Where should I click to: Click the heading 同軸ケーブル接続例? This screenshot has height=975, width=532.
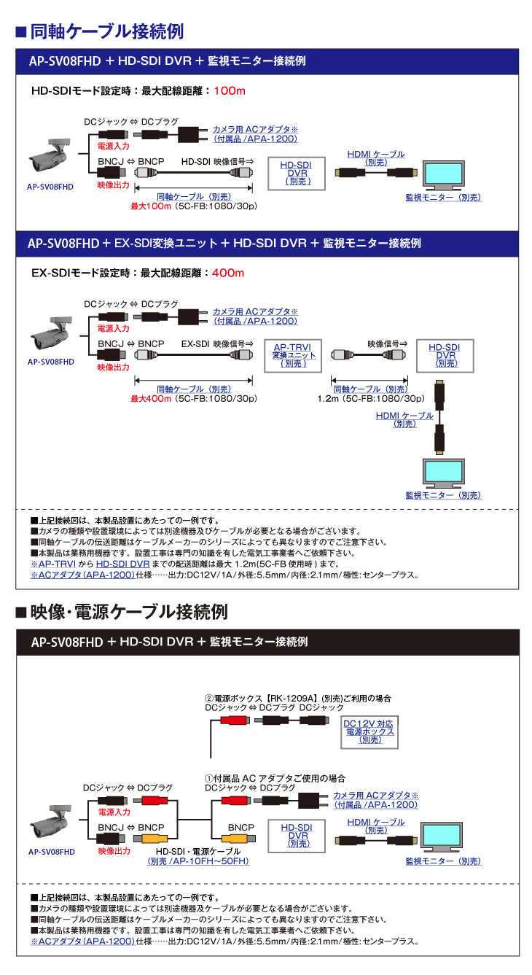106,32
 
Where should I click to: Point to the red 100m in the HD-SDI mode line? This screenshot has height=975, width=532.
230,91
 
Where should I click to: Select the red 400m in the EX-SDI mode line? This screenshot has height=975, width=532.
228,273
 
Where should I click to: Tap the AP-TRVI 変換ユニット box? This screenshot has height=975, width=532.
294,355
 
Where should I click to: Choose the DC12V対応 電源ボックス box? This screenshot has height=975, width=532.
369,731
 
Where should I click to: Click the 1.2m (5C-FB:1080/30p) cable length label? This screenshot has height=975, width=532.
371,399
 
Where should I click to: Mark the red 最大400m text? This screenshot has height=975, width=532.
151,399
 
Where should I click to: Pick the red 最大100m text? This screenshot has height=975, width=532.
151,206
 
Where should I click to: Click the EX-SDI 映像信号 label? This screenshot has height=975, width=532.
216,344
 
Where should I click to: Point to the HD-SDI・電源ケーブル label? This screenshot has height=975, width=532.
197,851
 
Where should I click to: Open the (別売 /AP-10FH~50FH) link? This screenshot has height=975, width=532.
197,861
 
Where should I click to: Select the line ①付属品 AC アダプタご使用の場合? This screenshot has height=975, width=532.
275,778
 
